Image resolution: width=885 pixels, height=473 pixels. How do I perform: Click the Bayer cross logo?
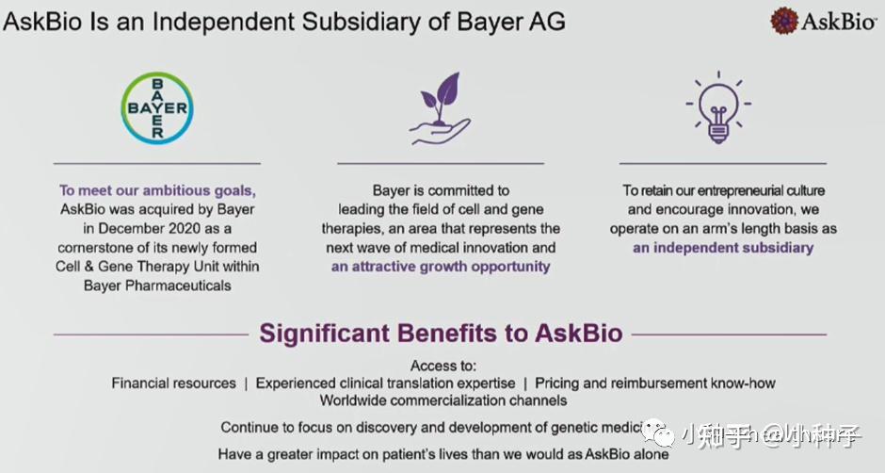[157, 108]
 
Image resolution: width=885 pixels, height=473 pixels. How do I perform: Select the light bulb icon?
[718, 107]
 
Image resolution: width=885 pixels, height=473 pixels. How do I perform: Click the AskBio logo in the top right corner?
[823, 21]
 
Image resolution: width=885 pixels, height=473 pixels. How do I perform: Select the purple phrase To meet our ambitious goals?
[157, 190]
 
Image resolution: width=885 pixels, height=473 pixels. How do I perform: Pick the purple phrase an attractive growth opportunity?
[441, 267]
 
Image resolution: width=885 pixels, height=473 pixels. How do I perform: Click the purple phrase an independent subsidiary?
[722, 248]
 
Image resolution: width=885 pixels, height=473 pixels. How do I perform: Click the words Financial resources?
[173, 383]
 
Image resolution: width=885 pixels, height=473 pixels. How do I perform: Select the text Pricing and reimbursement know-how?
[655, 383]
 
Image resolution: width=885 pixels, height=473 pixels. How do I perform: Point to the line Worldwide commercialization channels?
[442, 400]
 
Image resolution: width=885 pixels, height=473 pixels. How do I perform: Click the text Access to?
[442, 366]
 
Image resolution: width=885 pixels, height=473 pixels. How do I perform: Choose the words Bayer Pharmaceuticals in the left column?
[157, 285]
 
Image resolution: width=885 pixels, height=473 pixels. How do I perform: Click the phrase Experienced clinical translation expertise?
[385, 383]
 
